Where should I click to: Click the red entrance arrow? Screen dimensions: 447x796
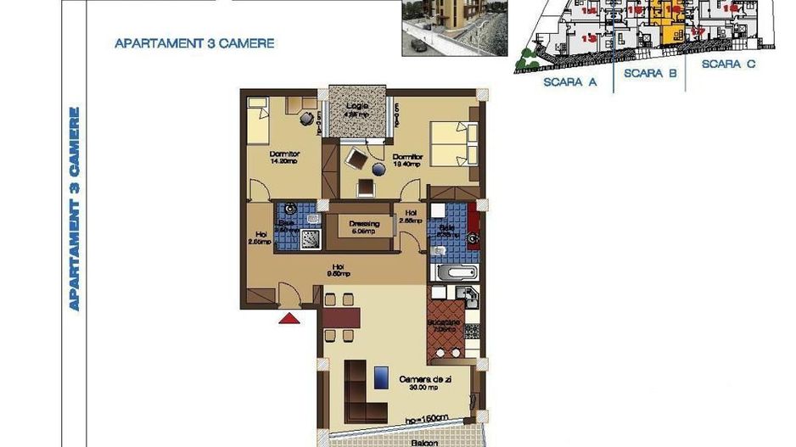pyautogui.click(x=289, y=319)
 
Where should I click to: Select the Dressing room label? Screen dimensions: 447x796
pyautogui.click(x=364, y=226)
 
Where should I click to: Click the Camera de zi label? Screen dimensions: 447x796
pyautogui.click(x=425, y=383)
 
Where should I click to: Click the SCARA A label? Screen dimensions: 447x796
pyautogui.click(x=569, y=82)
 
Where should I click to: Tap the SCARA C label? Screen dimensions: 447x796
pyautogui.click(x=729, y=64)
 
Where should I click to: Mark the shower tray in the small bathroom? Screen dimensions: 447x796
pyautogui.click(x=311, y=238)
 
